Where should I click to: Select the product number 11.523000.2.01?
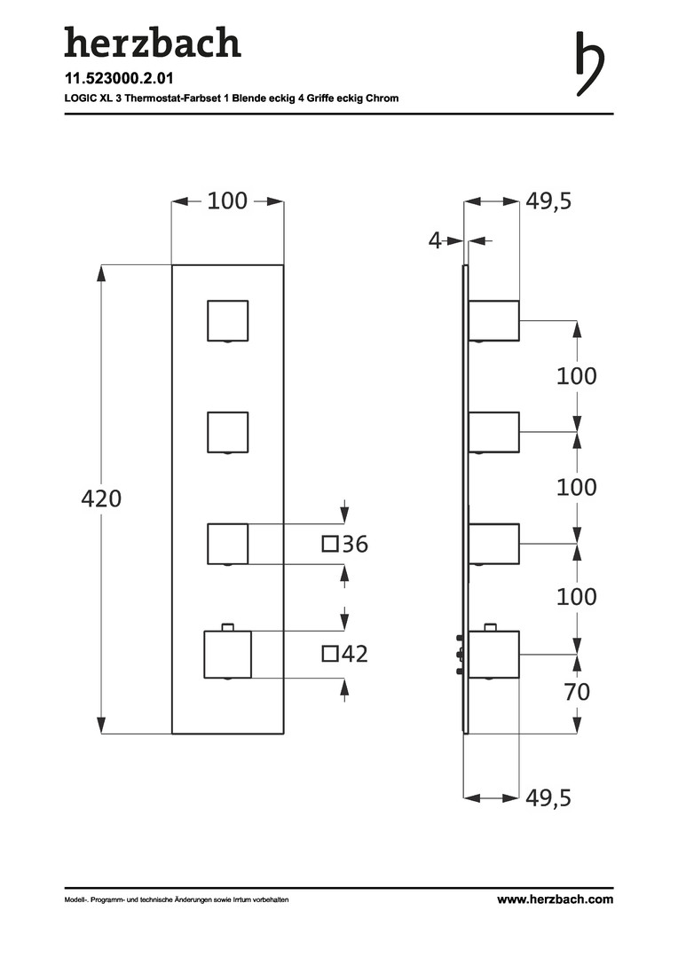pyautogui.click(x=119, y=78)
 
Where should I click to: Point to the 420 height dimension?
pyautogui.click(x=101, y=499)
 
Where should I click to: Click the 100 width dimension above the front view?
pyautogui.click(x=227, y=201)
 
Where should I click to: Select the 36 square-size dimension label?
pyautogui.click(x=355, y=544)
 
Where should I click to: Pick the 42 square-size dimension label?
pyautogui.click(x=355, y=654)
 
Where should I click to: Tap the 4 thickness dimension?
pyautogui.click(x=435, y=240)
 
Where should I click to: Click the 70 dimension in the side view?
pyautogui.click(x=577, y=692)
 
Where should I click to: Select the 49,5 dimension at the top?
pyautogui.click(x=549, y=201)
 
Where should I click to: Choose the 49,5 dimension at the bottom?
pyautogui.click(x=549, y=797)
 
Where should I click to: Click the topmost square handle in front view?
pyautogui.click(x=227, y=321)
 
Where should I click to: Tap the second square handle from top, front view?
pyautogui.click(x=227, y=433)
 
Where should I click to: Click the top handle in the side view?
pyautogui.click(x=494, y=321)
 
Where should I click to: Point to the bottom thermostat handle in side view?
pyautogui.click(x=494, y=654)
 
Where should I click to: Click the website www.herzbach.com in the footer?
pyautogui.click(x=556, y=899)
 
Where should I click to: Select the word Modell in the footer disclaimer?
pyautogui.click(x=74, y=899)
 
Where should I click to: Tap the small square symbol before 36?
pyautogui.click(x=330, y=544)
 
